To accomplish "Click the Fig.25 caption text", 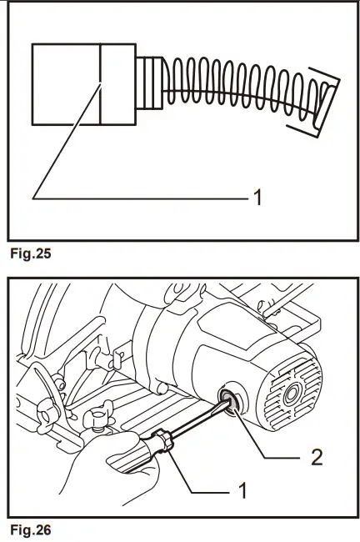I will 28,254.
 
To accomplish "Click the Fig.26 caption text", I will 28,528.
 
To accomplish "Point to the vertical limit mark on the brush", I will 99,83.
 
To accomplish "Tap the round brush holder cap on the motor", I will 231,400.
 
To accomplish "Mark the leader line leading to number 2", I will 267,442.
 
